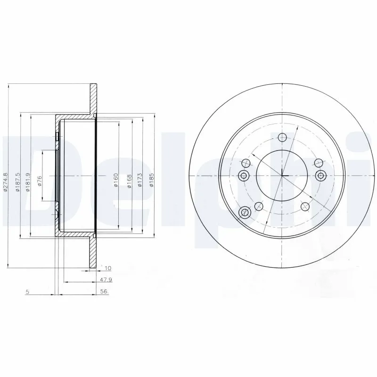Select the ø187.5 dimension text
coord(17,181)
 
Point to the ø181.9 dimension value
coord(28,181)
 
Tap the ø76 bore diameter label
coord(40,180)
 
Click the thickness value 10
coord(107,268)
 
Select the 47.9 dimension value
coord(106,280)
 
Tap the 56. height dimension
coord(105,292)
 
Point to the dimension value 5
coord(28,292)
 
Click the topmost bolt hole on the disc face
coord(282,138)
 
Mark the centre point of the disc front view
coord(282,176)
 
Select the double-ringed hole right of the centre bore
coord(321,176)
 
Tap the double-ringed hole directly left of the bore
coord(244,176)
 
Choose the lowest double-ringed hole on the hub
coord(244,213)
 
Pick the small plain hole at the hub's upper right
coord(320,163)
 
